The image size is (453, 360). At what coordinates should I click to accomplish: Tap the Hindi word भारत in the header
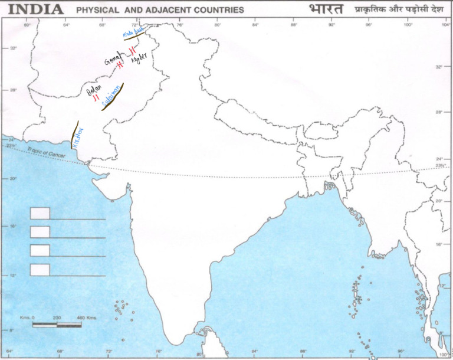(324, 9)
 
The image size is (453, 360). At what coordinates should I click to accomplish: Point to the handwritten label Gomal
(112, 59)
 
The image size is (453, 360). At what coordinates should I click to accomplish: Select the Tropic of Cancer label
(50, 152)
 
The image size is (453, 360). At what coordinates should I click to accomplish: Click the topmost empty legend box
(40, 213)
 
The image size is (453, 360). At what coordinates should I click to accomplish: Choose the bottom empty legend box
(40, 270)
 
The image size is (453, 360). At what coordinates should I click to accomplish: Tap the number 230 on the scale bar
(57, 318)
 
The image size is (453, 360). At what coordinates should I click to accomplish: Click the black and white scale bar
(57, 325)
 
